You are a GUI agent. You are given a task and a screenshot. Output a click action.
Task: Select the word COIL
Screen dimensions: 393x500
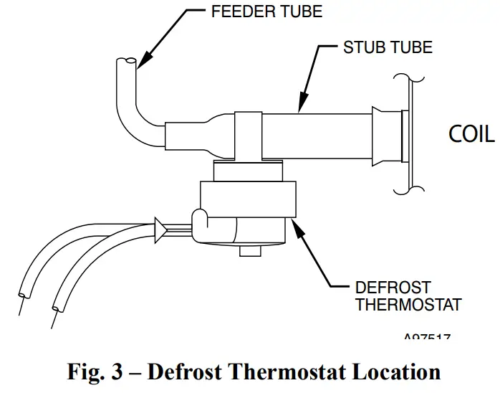click(x=471, y=134)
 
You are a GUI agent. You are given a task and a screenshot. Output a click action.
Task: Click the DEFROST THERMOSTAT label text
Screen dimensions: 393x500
click(x=408, y=295)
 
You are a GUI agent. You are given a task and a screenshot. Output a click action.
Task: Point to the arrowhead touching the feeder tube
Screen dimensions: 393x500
click(x=140, y=65)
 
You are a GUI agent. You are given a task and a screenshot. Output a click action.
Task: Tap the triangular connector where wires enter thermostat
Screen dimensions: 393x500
click(x=161, y=229)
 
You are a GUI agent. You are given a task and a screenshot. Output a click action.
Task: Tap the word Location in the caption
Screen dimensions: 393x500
click(x=390, y=373)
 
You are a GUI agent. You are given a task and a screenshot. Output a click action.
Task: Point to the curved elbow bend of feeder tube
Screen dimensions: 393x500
click(x=140, y=129)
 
